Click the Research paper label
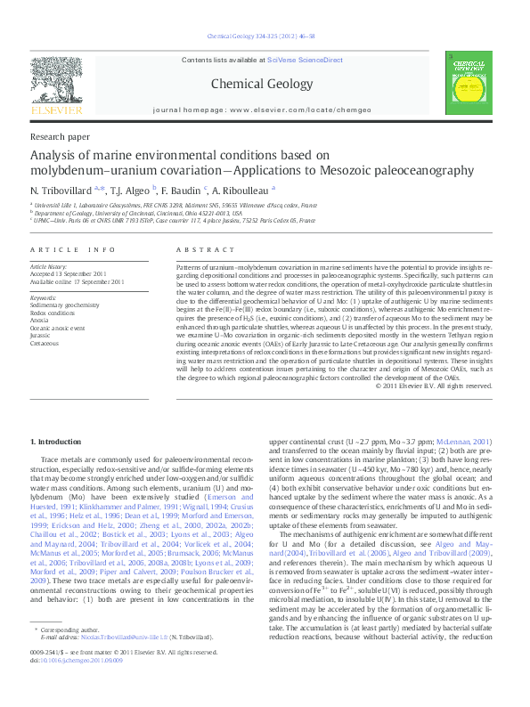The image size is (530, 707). pyautogui.click(x=60, y=138)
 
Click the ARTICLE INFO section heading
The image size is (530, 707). pyautogui.click(x=73, y=251)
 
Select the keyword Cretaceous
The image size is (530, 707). pyautogui.click(x=45, y=342)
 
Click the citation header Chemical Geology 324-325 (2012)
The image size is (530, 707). pyautogui.click(x=265, y=37)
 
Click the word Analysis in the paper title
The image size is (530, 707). pyautogui.click(x=57, y=156)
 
